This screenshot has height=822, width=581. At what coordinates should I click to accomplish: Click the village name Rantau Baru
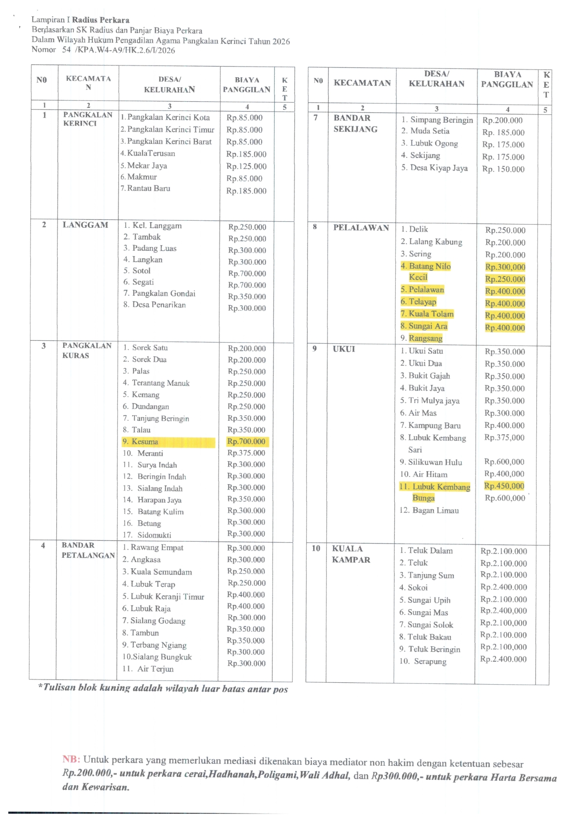[148, 188]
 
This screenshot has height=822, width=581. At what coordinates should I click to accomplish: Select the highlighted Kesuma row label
[145, 442]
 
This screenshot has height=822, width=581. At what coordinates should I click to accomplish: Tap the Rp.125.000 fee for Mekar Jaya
[246, 166]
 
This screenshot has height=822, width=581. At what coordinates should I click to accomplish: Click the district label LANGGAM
[85, 225]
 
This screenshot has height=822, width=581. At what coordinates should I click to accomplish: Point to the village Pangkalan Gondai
[164, 293]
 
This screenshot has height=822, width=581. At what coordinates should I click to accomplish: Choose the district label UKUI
[344, 349]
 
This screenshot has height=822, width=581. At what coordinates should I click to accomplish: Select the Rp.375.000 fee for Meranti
[246, 453]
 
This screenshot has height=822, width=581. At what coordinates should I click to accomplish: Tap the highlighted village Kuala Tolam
[430, 314]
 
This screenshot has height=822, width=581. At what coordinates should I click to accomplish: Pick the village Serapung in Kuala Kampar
[430, 662]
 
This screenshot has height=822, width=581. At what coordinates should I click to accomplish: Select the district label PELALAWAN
[361, 228]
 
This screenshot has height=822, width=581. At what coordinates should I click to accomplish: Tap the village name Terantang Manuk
[160, 383]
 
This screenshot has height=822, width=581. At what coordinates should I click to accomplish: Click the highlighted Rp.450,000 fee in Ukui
[504, 486]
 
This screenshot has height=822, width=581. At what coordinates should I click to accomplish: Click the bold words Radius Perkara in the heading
[100, 20]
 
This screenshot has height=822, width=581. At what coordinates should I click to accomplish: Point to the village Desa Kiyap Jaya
[439, 168]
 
